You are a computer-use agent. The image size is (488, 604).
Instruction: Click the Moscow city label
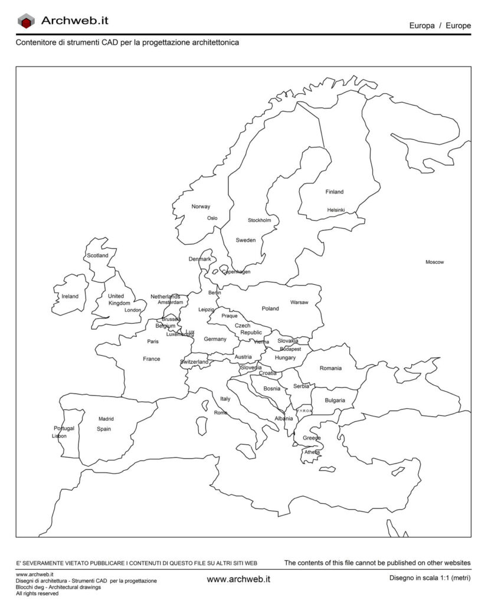pyautogui.click(x=434, y=262)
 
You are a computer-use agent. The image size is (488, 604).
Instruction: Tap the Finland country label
pyautogui.click(x=334, y=192)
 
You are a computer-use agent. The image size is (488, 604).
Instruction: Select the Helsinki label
pyautogui.click(x=336, y=210)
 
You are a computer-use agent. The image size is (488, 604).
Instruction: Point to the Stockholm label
pyautogui.click(x=259, y=221)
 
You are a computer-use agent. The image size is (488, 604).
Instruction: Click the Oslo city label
pyautogui.click(x=212, y=218)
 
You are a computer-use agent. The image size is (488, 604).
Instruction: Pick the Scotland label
pyautogui.click(x=97, y=256)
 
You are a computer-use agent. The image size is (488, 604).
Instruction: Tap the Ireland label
pyautogui.click(x=70, y=296)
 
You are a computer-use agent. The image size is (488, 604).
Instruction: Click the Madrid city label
pyautogui.click(x=106, y=419)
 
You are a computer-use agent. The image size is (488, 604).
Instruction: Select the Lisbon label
pyautogui.click(x=60, y=436)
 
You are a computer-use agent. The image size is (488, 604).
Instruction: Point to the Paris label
pyautogui.click(x=153, y=342)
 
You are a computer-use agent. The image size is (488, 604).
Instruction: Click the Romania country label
pyautogui.click(x=330, y=368)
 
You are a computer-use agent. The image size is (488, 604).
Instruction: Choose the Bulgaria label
pyautogui.click(x=335, y=401)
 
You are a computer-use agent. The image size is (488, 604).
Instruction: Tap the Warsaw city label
pyautogui.click(x=299, y=303)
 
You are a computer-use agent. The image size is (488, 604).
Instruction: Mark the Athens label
pyautogui.click(x=312, y=452)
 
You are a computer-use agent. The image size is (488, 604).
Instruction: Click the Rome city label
pyautogui.click(x=220, y=413)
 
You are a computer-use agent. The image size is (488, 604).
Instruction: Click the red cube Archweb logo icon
pyautogui.click(x=27, y=22)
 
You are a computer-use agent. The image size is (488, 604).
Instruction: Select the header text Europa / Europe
pyautogui.click(x=440, y=26)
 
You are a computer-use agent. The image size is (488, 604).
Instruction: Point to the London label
pyautogui.click(x=133, y=310)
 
